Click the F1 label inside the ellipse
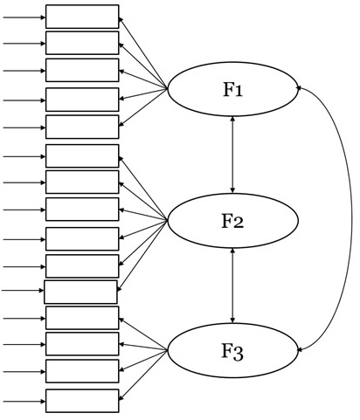click(232, 89)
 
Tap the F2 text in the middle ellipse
click(232, 221)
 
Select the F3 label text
click(232, 352)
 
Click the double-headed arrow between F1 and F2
click(232, 155)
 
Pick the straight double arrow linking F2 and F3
click(232, 286)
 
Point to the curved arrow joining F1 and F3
click(351, 218)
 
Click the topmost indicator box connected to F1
click(82, 17)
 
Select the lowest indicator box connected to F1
click(82, 127)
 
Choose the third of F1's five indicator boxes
click(82, 70)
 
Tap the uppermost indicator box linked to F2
click(82, 156)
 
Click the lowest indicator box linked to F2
click(80, 292)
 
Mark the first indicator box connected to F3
click(82, 318)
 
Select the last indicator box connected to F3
click(82, 401)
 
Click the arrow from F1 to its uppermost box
click(143, 52)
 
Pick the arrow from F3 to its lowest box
click(143, 375)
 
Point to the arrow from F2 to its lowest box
click(142, 255)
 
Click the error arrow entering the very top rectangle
click(24, 17)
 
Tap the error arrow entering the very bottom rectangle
click(24, 402)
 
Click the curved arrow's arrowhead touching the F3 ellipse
click(299, 349)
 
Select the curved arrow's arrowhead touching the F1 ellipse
click(299, 87)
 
